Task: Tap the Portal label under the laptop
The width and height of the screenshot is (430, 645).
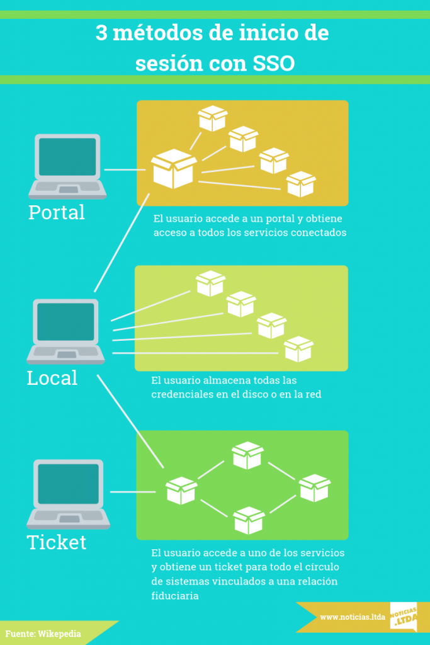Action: click(x=57, y=212)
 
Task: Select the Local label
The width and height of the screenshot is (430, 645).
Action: click(x=52, y=378)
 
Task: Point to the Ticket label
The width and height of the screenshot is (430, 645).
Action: click(x=57, y=542)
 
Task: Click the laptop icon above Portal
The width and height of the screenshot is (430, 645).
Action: click(x=67, y=166)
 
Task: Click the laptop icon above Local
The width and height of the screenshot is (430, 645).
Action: click(x=65, y=331)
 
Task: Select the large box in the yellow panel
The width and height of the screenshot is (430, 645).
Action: click(x=174, y=168)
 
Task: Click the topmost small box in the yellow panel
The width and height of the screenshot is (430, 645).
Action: click(x=213, y=118)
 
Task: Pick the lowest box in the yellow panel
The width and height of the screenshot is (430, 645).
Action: click(x=301, y=184)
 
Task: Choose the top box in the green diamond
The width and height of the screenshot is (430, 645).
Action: click(x=247, y=455)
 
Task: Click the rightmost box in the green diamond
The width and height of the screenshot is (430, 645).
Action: click(x=314, y=488)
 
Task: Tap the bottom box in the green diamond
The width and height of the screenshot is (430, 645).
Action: click(x=248, y=520)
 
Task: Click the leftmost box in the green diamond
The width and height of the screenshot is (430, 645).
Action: click(x=181, y=490)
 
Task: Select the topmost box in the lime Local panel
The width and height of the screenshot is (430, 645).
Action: click(x=210, y=283)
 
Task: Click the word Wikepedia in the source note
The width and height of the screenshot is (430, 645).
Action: click(x=59, y=634)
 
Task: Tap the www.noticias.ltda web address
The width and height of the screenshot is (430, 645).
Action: click(x=352, y=617)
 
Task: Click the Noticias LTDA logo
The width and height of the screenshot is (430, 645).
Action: click(x=403, y=616)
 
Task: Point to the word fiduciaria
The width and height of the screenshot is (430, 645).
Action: click(x=175, y=595)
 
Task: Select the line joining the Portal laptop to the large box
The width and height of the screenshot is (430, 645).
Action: click(x=125, y=169)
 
